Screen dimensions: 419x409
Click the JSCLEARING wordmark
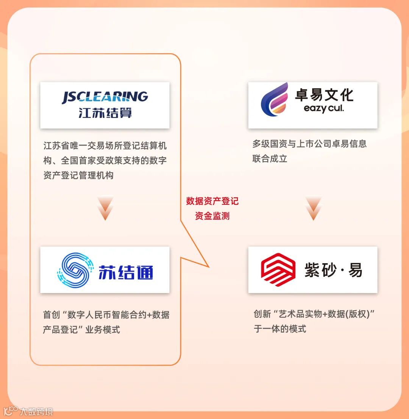point(105,97)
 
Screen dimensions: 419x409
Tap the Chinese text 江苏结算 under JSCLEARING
point(105,113)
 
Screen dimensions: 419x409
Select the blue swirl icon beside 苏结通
point(74,270)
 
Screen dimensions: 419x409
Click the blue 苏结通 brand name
point(126,271)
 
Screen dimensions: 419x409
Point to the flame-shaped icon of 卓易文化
point(275,100)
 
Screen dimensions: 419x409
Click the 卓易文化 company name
point(324,95)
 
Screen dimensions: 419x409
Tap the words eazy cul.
point(324,109)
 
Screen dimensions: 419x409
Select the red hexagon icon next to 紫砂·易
point(278,270)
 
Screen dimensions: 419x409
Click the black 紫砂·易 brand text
point(333,270)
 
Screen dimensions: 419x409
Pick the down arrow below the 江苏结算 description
point(105,209)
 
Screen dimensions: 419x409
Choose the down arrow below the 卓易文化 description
point(313,209)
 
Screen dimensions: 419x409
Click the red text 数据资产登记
point(212,201)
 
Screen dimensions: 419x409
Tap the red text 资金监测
point(212,216)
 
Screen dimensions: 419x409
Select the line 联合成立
point(270,158)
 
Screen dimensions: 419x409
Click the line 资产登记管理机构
point(78,176)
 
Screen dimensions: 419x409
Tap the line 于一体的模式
point(280,329)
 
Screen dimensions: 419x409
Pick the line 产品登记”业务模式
point(81,330)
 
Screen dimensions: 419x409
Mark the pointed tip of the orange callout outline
point(209,267)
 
